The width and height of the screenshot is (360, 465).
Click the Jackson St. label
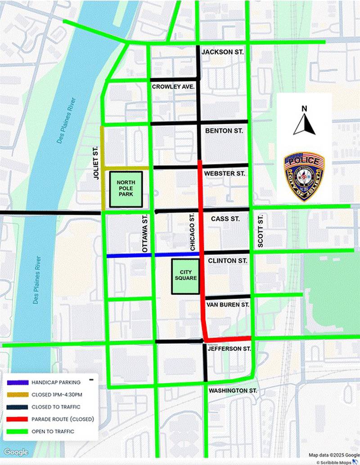[222, 52]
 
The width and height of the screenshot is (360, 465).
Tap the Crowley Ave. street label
[173, 86]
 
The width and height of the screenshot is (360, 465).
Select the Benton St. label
[224, 131]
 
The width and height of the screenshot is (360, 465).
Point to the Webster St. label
[225, 173]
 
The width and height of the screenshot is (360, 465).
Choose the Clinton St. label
[227, 260]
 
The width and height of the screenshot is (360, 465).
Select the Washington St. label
[232, 391]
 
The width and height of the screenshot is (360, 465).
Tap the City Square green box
[185, 276]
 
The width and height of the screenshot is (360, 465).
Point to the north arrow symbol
[304, 121]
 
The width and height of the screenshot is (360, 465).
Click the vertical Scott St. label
[260, 231]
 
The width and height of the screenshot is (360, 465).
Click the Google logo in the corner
[16, 452]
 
